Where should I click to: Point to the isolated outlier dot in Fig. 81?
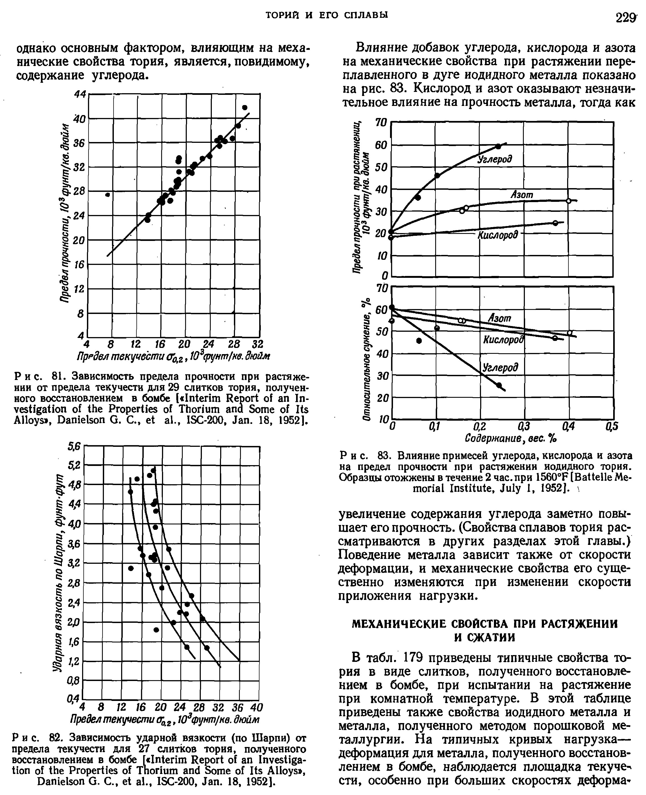click(108, 195)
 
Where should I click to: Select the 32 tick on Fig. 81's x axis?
click(258, 343)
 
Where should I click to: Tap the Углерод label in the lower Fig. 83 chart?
click(500, 368)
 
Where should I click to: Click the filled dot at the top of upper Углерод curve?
click(498, 146)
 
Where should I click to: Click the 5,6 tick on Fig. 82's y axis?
click(74, 446)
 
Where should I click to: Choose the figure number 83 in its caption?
click(384, 455)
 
